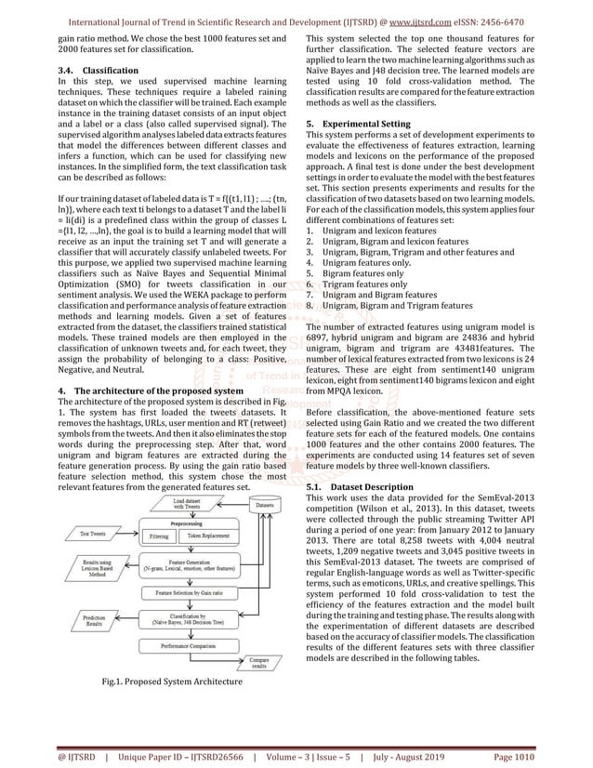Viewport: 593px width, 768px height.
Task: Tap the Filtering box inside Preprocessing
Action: click(x=160, y=536)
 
